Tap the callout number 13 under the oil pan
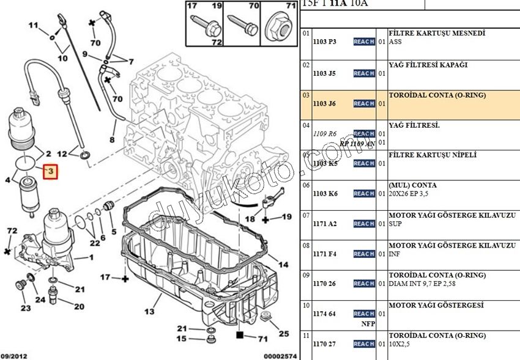pos(149,312)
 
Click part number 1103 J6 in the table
pos(324,104)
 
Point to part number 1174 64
pos(324,314)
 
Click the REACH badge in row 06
pos(364,194)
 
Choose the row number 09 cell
pos(306,274)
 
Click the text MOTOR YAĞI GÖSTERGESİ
pos(436,305)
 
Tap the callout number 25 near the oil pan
pos(283,334)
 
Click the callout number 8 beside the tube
pos(112,140)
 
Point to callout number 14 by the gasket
pos(283,265)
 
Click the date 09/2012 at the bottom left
pos(13,354)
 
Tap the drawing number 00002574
pos(280,354)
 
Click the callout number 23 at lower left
pos(26,308)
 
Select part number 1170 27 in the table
pos(324,344)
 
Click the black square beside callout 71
pos(240,335)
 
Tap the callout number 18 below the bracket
pos(250,219)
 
